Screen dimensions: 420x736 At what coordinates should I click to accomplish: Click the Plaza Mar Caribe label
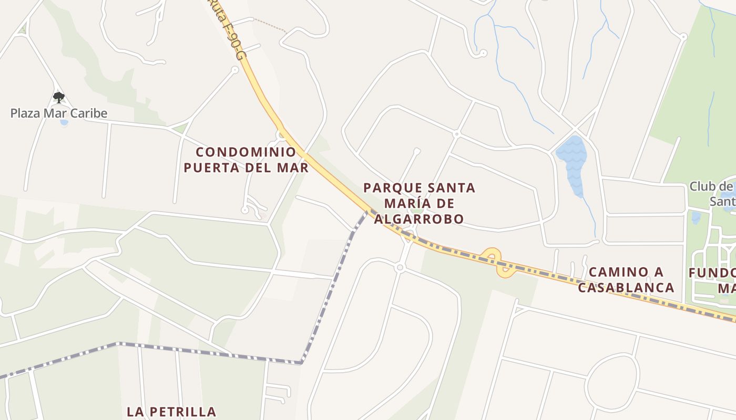tap(59, 113)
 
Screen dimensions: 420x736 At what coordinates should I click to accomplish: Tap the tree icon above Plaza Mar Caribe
tap(58, 97)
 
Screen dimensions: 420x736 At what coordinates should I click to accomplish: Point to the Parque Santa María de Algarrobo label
tap(419, 203)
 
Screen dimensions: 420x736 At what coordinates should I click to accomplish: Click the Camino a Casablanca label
tap(626, 279)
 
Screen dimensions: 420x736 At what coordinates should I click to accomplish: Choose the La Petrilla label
tap(171, 412)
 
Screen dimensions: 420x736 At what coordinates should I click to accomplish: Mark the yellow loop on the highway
tap(497, 262)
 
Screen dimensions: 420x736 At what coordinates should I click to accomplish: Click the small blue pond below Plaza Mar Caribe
tap(64, 123)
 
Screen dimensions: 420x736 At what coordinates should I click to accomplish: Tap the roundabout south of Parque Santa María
tap(400, 268)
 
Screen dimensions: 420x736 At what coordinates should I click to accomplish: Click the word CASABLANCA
tap(626, 287)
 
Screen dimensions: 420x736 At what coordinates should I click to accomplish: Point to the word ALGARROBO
tap(419, 219)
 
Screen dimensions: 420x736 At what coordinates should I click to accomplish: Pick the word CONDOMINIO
tap(246, 152)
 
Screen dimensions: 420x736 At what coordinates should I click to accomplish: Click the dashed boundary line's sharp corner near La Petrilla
tap(301, 362)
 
